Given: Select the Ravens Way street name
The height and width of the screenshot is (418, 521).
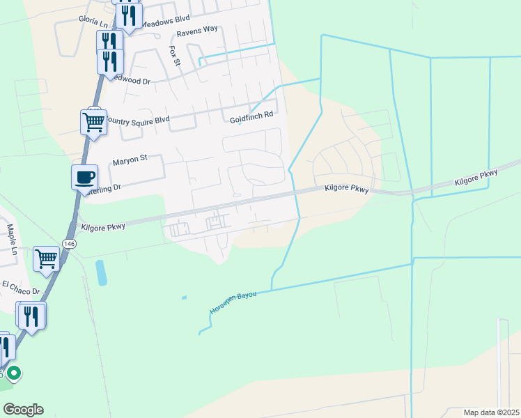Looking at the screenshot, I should pos(197,31).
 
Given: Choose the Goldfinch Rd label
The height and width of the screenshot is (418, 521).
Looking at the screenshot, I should pos(251,120).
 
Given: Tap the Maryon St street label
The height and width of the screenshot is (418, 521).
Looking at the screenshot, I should pos(130,159).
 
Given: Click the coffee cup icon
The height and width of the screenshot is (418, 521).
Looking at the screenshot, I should pos(85,176).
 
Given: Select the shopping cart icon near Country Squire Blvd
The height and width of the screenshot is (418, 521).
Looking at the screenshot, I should pos(93,122).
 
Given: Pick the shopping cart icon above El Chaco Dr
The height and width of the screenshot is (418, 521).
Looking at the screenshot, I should pos(46,258).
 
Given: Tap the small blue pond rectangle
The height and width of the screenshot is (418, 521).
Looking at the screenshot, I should pos(102,272).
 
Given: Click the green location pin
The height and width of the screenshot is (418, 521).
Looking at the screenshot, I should pos(13,373).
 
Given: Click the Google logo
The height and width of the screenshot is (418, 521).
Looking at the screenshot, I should pos(22,410).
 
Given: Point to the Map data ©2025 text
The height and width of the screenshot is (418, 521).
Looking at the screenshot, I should pos(491,412).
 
